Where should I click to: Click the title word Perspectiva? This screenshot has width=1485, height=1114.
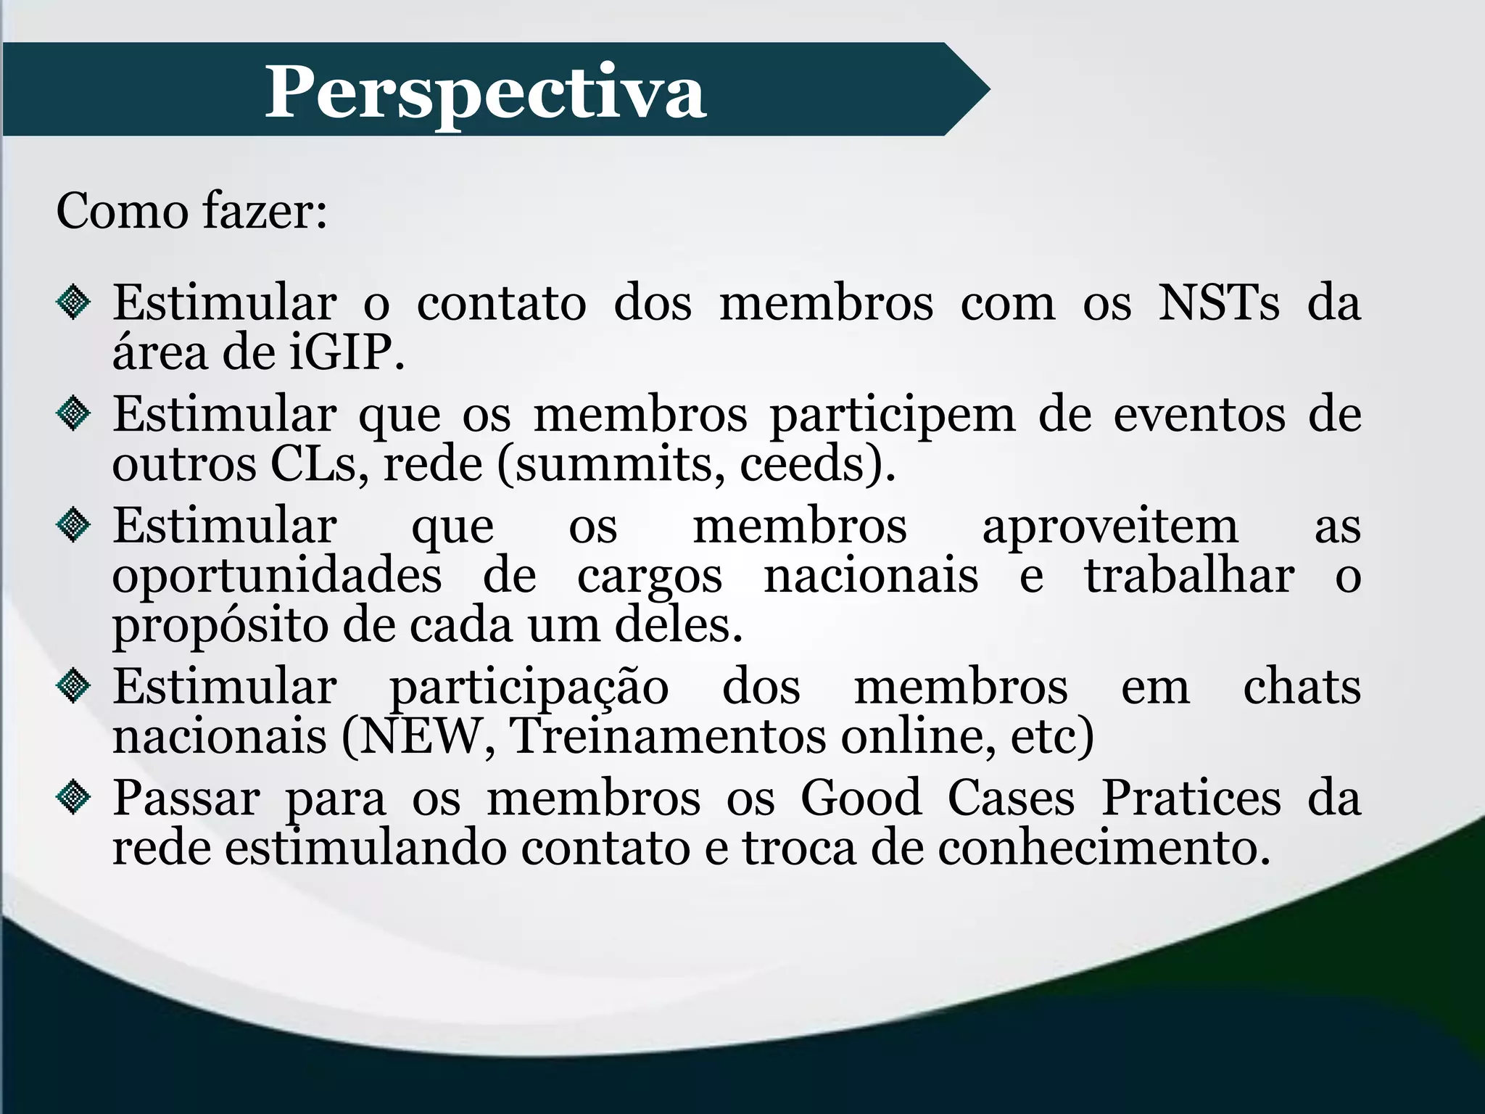(484, 92)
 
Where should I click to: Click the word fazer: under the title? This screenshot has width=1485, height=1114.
(265, 211)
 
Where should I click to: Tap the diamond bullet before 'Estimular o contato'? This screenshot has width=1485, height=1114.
(73, 302)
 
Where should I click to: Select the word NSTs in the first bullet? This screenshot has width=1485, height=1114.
(1219, 302)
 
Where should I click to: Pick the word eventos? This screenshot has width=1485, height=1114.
(1199, 415)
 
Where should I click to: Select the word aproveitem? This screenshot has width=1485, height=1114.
(1110, 527)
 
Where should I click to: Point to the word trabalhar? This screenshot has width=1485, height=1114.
(1189, 576)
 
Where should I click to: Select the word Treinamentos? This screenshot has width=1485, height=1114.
(668, 736)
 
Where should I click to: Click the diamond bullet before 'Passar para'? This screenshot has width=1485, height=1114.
(73, 798)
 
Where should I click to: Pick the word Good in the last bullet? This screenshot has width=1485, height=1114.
(861, 798)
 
